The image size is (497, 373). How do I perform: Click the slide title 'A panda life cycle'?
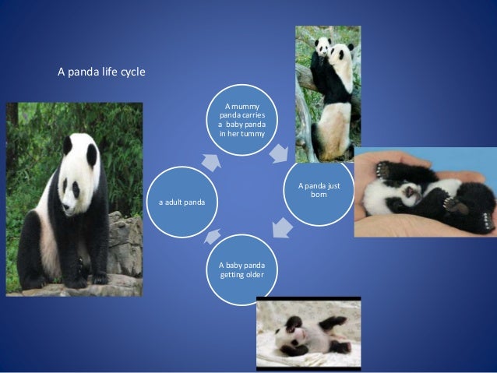101,72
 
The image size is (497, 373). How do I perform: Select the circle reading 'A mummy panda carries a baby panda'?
242,121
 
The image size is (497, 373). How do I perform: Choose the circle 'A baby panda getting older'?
242,269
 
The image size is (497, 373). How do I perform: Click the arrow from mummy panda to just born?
277,155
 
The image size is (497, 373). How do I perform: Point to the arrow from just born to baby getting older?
282,228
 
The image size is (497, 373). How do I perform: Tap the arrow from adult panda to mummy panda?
210,162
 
